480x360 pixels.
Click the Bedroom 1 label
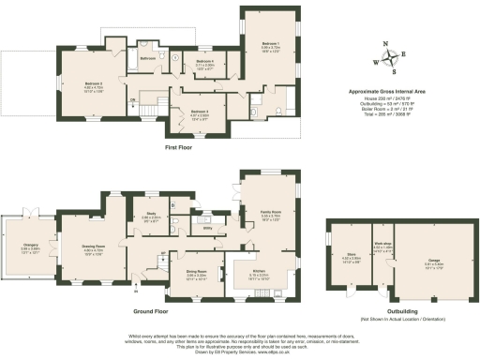pos(269,44)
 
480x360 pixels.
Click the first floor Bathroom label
pos(148,58)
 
